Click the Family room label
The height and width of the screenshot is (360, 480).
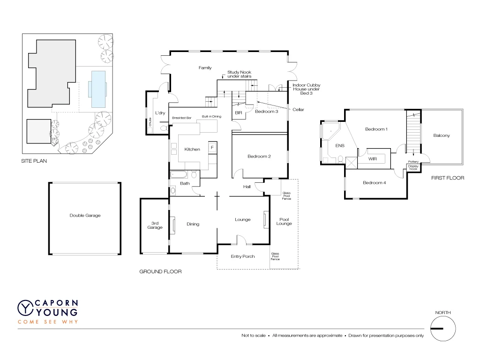tap(205, 68)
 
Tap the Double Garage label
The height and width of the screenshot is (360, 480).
tap(85, 216)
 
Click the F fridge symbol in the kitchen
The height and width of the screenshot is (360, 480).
tap(212, 148)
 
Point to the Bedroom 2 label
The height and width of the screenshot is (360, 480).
tap(259, 157)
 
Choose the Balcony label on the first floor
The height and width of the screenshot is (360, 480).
tap(441, 135)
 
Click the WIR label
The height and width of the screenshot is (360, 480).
tap(373, 159)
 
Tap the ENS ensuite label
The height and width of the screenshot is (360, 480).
tap(340, 146)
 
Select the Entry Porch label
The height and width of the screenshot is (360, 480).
tap(243, 256)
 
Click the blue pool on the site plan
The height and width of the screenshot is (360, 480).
tap(98, 89)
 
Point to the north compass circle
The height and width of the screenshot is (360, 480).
tap(443, 328)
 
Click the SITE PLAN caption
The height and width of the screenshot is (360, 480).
tap(34, 161)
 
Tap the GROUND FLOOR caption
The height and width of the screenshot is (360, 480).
tap(160, 271)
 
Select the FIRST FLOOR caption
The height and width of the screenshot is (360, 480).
tap(448, 178)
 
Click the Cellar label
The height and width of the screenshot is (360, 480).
tap(298, 110)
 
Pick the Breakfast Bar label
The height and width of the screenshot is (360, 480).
tap(181, 117)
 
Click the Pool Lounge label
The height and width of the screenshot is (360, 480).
tap(284, 221)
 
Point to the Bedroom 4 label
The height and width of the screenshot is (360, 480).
tap(374, 183)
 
